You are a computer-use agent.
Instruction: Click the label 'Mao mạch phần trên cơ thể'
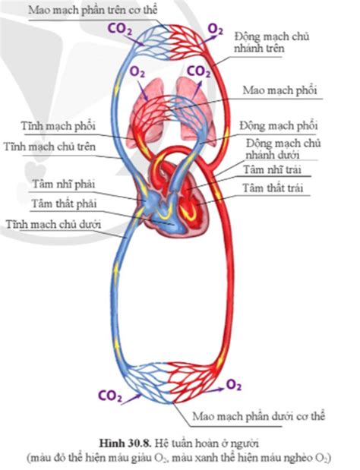(93, 10)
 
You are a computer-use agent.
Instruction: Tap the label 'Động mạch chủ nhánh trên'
(272, 43)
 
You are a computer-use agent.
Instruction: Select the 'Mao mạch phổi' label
(279, 90)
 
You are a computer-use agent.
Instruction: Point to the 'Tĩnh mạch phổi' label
(58, 126)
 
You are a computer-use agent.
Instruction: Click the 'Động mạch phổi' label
(279, 125)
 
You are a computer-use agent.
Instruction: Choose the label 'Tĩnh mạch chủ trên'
(50, 147)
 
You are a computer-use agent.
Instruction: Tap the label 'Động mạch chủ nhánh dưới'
(283, 149)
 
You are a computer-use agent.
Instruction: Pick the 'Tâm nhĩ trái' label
(272, 169)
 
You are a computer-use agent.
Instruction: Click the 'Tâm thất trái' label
(273, 188)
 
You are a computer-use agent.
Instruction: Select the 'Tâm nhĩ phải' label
(64, 184)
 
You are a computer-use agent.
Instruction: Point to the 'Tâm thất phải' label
(64, 203)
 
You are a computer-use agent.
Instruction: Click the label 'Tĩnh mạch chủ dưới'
(53, 224)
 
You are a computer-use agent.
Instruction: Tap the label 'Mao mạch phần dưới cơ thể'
(259, 416)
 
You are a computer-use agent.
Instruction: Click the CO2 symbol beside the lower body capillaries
(110, 396)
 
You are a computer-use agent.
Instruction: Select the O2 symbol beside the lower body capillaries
(233, 385)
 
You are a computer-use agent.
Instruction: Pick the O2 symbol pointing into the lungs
(137, 73)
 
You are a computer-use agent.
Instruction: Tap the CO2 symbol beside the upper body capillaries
(119, 30)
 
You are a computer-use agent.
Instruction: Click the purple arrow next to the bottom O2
(215, 390)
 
